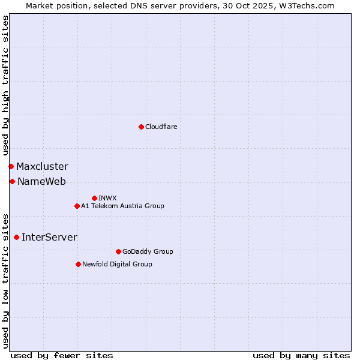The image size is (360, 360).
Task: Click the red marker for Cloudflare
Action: click(141, 127)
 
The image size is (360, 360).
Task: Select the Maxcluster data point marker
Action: click(11, 166)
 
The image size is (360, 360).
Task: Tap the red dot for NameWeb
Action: click(12, 181)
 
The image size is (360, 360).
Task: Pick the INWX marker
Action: click(94, 198)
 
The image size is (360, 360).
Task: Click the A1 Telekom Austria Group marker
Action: click(77, 206)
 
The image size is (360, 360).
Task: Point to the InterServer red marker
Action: click(16, 237)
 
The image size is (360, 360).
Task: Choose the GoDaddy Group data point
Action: click(118, 251)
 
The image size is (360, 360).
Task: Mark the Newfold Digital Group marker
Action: click(78, 264)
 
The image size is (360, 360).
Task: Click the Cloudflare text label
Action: click(161, 127)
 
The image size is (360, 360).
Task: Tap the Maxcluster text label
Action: click(42, 166)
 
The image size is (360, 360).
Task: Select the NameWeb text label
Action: click(41, 181)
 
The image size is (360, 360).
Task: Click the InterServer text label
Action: click(49, 237)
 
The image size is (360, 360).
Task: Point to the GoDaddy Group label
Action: click(148, 251)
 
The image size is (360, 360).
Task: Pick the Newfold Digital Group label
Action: click(117, 264)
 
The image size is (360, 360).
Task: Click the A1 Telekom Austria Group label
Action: click(122, 206)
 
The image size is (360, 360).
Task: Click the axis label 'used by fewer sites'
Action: click(62, 355)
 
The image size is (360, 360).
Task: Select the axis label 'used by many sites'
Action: click(301, 355)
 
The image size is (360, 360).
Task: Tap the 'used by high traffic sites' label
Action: click(5, 85)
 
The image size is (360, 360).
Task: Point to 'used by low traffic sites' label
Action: click(5, 280)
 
